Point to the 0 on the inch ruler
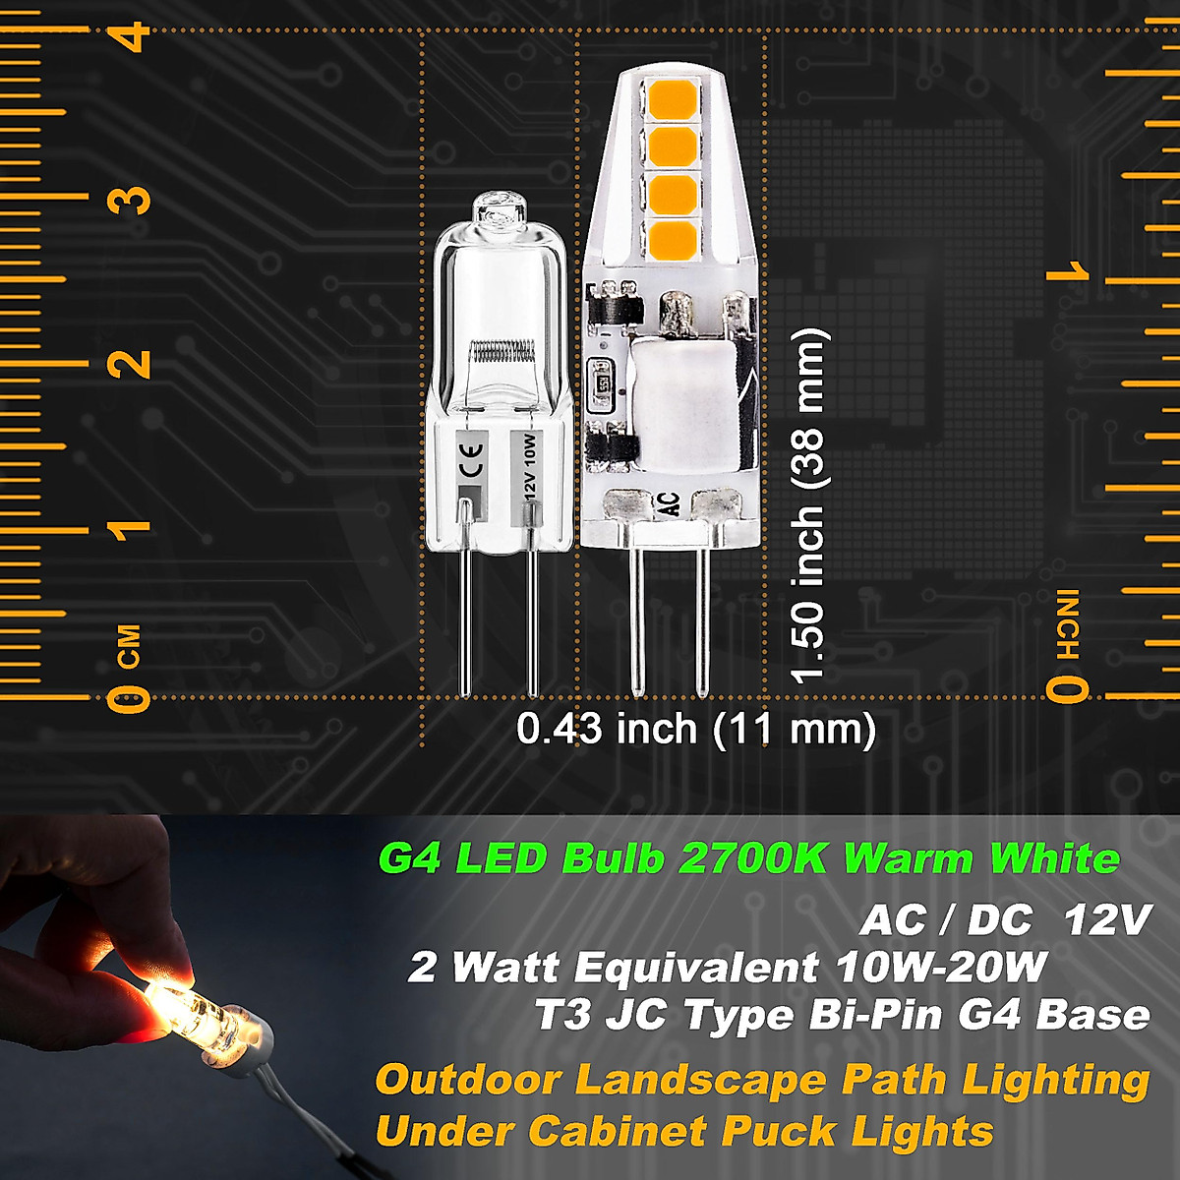click(x=1068, y=689)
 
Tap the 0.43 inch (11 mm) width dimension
click(x=696, y=730)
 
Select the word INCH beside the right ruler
click(x=1069, y=625)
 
